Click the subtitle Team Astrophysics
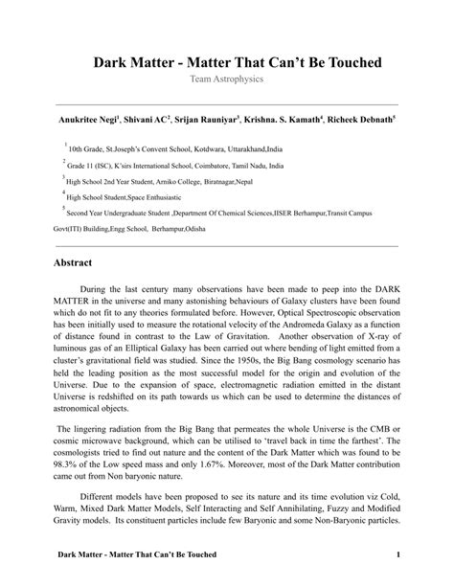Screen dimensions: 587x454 [x=227, y=79]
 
